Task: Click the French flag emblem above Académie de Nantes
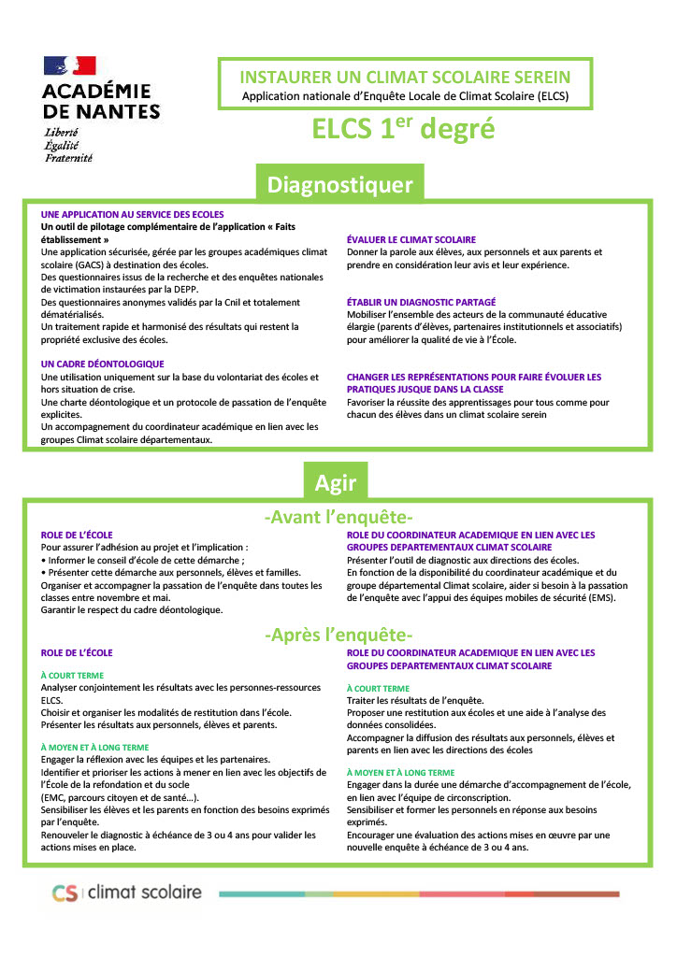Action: pos(70,65)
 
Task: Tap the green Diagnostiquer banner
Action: pos(339,184)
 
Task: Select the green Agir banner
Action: pos(335,482)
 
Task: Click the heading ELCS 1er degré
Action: pos(403,130)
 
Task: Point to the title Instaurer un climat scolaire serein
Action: pos(405,77)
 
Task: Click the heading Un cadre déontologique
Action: pos(103,364)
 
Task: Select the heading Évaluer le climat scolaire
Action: pos(411,239)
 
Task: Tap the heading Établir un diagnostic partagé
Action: pos(422,302)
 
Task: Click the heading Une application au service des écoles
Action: pos(133,214)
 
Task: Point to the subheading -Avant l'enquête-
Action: pos(338,517)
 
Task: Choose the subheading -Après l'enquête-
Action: pos(338,636)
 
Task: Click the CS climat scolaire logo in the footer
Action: pos(126,893)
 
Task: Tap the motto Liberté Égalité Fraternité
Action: pos(68,146)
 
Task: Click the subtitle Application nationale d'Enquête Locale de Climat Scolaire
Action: pos(405,95)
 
